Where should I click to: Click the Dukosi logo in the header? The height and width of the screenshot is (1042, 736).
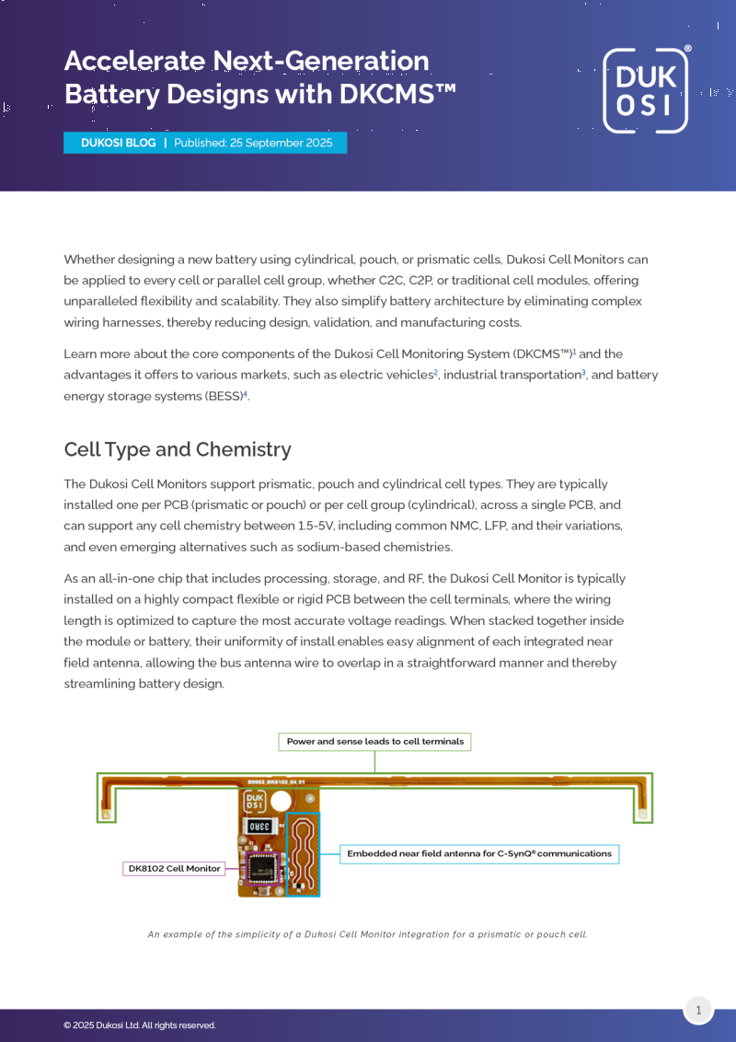[645, 90]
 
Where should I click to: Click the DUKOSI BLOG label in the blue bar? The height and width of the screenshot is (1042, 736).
[118, 143]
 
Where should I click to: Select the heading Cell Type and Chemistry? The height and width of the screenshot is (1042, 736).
[178, 449]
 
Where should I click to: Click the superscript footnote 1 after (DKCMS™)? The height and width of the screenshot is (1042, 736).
[574, 351]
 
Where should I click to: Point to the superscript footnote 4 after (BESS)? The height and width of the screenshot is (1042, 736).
[245, 393]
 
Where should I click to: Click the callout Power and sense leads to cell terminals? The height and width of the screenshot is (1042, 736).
[374, 741]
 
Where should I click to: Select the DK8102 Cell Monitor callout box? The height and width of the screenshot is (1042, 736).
[174, 868]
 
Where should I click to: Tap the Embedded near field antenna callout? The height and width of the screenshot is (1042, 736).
[478, 853]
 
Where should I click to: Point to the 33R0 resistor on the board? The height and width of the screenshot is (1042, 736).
[259, 826]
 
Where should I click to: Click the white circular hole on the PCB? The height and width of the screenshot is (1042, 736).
[281, 802]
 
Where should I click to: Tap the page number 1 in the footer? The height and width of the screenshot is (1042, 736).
[698, 1010]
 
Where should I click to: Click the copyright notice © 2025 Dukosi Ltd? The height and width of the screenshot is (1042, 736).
[140, 1025]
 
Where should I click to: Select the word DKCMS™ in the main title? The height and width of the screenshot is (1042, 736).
[397, 94]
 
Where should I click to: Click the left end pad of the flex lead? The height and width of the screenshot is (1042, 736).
[107, 814]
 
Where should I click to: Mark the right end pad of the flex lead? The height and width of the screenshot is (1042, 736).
[642, 814]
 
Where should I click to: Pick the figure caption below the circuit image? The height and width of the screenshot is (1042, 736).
[367, 934]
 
